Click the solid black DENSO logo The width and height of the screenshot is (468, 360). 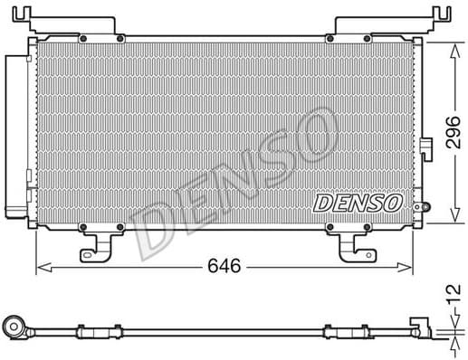coord(358,204)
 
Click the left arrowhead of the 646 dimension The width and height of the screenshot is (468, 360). coord(41,267)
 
